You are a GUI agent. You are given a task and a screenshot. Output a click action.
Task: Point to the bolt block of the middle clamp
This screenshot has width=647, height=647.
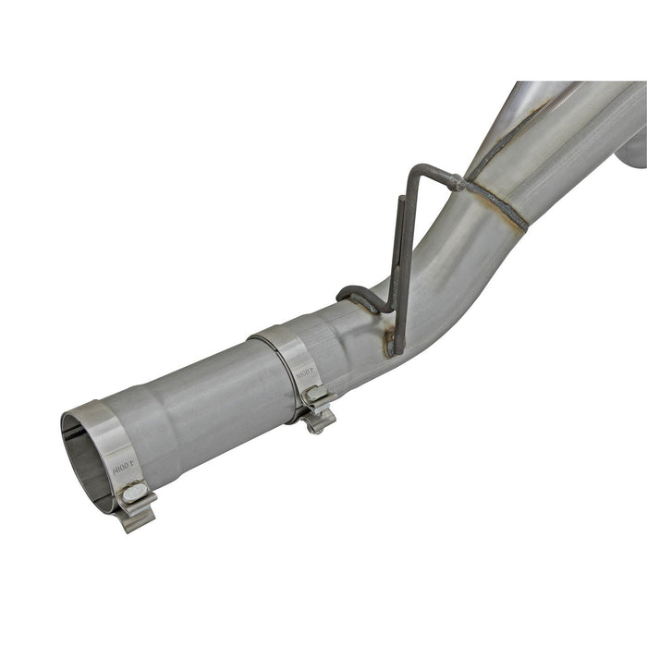tap(317, 397)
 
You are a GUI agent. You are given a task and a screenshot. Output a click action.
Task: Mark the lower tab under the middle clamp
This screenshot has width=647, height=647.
tap(320, 422)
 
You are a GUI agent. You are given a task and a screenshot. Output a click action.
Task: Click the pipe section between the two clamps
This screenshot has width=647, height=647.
tap(203, 407)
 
